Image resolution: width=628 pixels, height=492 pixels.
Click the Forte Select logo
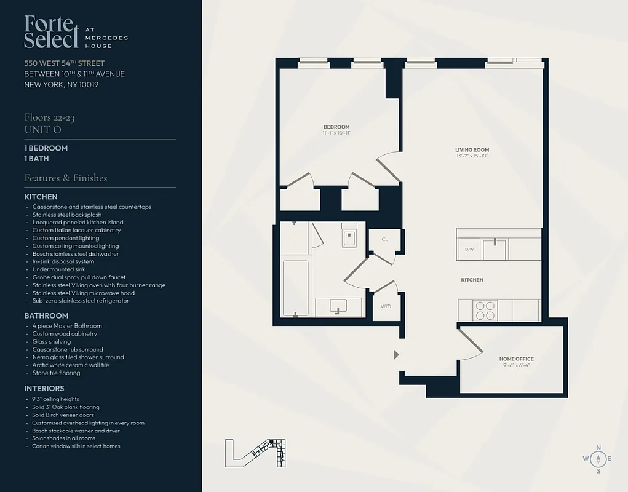click(x=52, y=32)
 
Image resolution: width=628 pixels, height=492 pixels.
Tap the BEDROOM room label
click(x=336, y=127)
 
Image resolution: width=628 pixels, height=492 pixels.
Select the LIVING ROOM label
click(x=472, y=150)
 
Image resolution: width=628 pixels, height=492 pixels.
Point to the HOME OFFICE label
click(x=516, y=359)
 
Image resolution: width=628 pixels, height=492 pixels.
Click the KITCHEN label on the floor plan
click(x=472, y=280)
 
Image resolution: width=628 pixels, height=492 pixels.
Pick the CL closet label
click(x=384, y=239)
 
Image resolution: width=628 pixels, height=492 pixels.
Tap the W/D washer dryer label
click(x=386, y=306)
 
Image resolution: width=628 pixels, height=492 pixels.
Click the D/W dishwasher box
click(x=469, y=250)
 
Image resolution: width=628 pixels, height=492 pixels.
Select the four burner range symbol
click(x=485, y=310)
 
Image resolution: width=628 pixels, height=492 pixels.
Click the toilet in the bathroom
click(x=349, y=236)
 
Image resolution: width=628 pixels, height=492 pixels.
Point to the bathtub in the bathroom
click(x=295, y=288)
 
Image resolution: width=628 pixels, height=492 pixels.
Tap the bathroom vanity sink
click(x=338, y=306)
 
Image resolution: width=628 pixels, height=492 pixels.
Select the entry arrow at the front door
click(x=396, y=354)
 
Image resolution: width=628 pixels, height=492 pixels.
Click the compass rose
click(x=597, y=458)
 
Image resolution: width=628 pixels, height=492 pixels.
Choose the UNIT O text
click(x=42, y=130)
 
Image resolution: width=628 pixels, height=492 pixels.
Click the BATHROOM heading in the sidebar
click(x=46, y=315)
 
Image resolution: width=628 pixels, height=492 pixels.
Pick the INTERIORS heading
click(x=44, y=389)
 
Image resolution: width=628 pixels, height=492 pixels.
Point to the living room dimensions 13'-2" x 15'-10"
click(x=472, y=156)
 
